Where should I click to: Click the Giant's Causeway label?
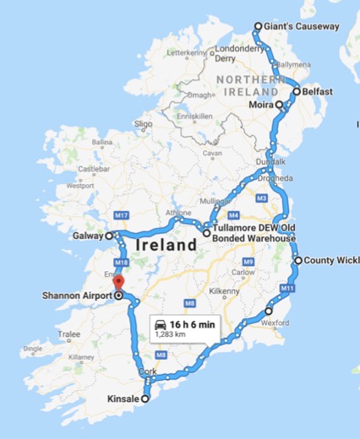(302, 26)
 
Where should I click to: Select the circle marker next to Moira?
(278, 105)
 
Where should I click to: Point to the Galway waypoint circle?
(108, 236)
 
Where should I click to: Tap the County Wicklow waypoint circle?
(297, 261)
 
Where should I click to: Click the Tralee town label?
(68, 334)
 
